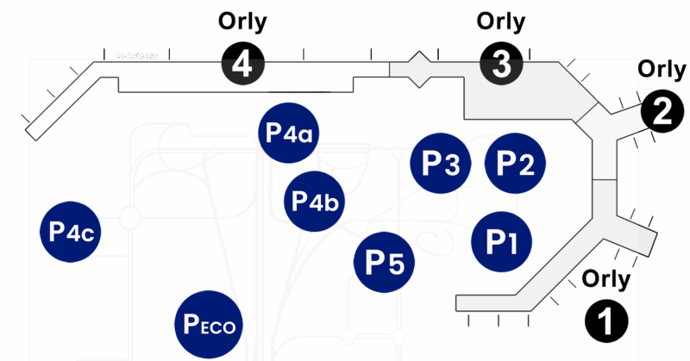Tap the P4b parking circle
tap(315, 200)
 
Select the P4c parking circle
tap(71, 232)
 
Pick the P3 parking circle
tap(440, 163)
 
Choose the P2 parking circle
tap(516, 163)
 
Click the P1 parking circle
tap(503, 240)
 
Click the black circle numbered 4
tap(242, 65)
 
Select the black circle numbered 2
tap(661, 111)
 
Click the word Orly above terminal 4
tap(243, 22)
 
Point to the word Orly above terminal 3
tap(501, 21)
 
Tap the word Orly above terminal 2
tap(662, 69)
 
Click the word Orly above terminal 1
tap(607, 278)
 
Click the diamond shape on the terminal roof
tap(417, 69)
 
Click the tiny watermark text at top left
tap(138, 55)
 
